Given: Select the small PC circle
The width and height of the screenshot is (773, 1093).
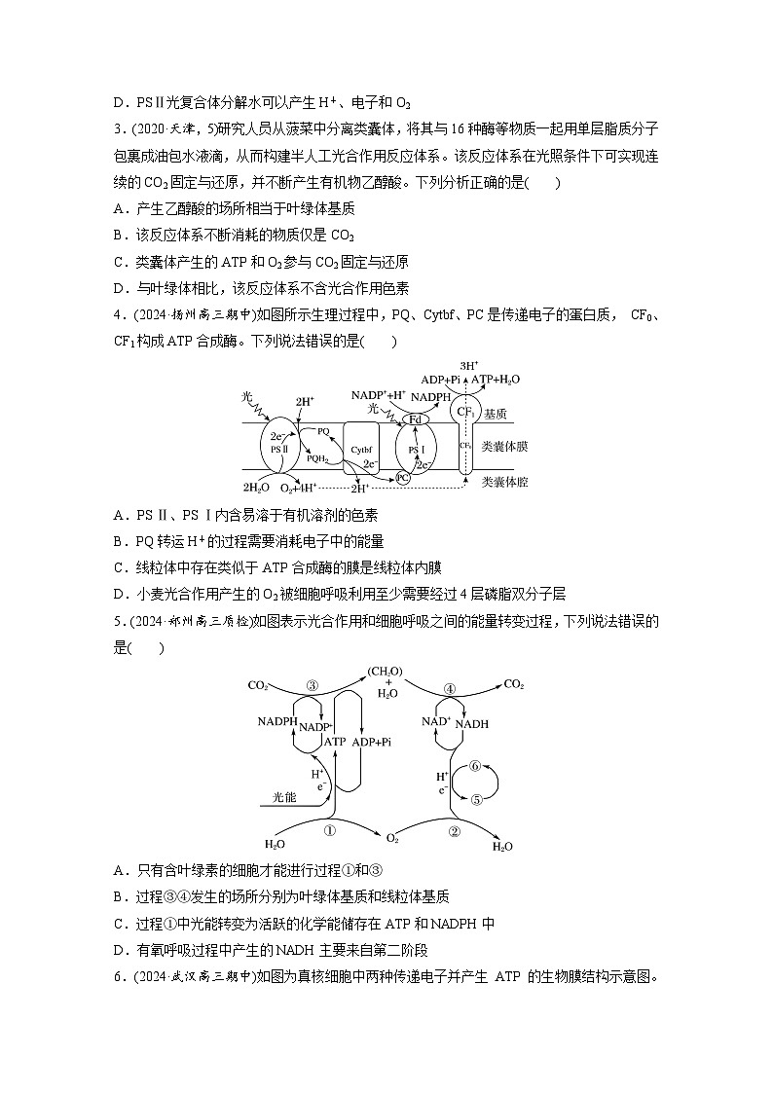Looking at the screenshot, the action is point(402,478).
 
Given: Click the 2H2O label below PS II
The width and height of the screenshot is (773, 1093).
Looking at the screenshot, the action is point(255,487).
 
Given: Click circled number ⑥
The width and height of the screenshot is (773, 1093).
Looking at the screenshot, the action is point(476,766).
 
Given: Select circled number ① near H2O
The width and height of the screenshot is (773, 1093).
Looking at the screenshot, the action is point(329,831).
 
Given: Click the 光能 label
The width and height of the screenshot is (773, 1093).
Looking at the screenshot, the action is point(283,797).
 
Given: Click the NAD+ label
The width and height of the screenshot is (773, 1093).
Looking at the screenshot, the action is point(435,721).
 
